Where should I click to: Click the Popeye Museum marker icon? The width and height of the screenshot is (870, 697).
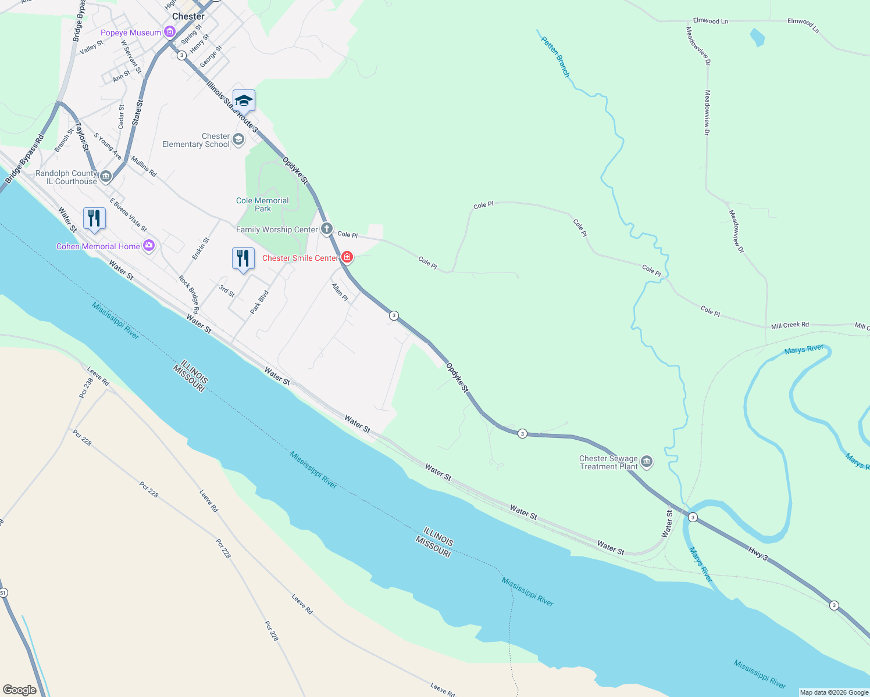click(x=169, y=32)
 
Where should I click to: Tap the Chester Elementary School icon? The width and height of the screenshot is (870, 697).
click(x=238, y=139)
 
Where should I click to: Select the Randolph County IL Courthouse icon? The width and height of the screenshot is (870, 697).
click(x=105, y=177)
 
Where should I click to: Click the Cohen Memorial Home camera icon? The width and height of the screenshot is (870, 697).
click(x=148, y=246)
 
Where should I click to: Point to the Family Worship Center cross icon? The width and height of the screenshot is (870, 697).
click(x=326, y=229)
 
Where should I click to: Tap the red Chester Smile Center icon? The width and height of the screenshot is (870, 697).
click(x=347, y=257)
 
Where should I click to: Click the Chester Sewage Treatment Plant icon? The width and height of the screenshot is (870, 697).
click(x=646, y=462)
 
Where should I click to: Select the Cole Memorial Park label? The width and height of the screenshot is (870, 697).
click(x=262, y=204)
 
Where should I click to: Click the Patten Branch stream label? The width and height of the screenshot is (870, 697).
click(x=555, y=57)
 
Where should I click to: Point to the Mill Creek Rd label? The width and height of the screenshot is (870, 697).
click(x=790, y=325)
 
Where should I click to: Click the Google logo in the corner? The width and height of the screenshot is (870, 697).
click(x=20, y=689)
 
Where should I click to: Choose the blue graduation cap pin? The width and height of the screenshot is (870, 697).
click(x=244, y=101)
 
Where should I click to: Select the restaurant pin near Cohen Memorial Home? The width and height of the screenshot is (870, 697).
click(x=94, y=218)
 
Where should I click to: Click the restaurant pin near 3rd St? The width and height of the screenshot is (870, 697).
click(x=243, y=258)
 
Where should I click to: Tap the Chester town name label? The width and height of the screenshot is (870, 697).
click(x=188, y=16)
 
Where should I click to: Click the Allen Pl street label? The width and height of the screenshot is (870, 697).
click(x=340, y=292)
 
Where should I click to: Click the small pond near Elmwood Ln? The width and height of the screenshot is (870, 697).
click(x=757, y=38)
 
